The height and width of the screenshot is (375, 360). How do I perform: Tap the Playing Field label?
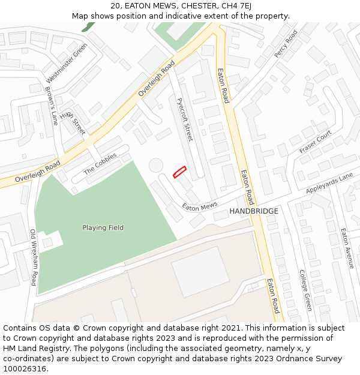click(103, 228)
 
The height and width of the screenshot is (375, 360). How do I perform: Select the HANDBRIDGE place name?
click(254, 211)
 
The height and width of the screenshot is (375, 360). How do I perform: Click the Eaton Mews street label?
click(200, 206)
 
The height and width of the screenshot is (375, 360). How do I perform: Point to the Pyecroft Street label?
click(185, 119)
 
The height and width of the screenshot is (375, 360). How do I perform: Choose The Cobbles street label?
click(100, 164)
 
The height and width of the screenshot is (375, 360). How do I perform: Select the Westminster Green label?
click(67, 63)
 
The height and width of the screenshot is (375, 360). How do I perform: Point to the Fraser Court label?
click(316, 142)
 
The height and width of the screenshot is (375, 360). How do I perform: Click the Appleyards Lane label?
click(329, 183)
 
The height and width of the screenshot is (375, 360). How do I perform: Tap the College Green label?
click(305, 290)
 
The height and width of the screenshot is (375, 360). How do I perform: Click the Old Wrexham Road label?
click(34, 257)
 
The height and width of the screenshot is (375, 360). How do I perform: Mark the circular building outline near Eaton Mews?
click(156, 165)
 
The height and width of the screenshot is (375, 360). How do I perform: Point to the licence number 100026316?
click(24, 369)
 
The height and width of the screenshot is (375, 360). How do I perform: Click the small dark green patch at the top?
click(88, 27)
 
